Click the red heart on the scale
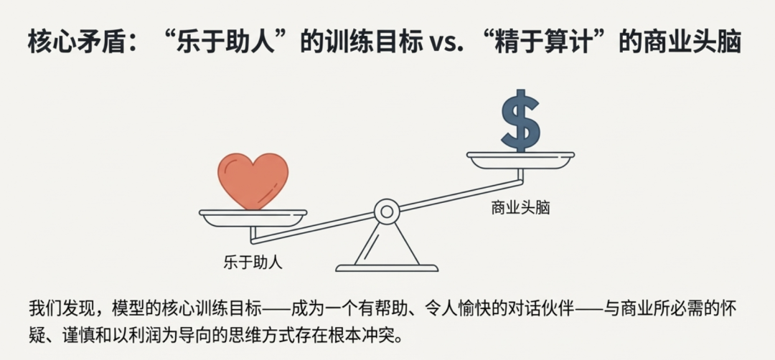(x=253, y=180)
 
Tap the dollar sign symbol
(x=520, y=120)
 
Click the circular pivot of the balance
(x=387, y=212)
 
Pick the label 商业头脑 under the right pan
(x=520, y=208)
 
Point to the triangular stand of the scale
(x=387, y=244)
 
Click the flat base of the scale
(x=387, y=268)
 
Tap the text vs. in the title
(x=447, y=42)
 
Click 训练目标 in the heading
(x=377, y=42)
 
